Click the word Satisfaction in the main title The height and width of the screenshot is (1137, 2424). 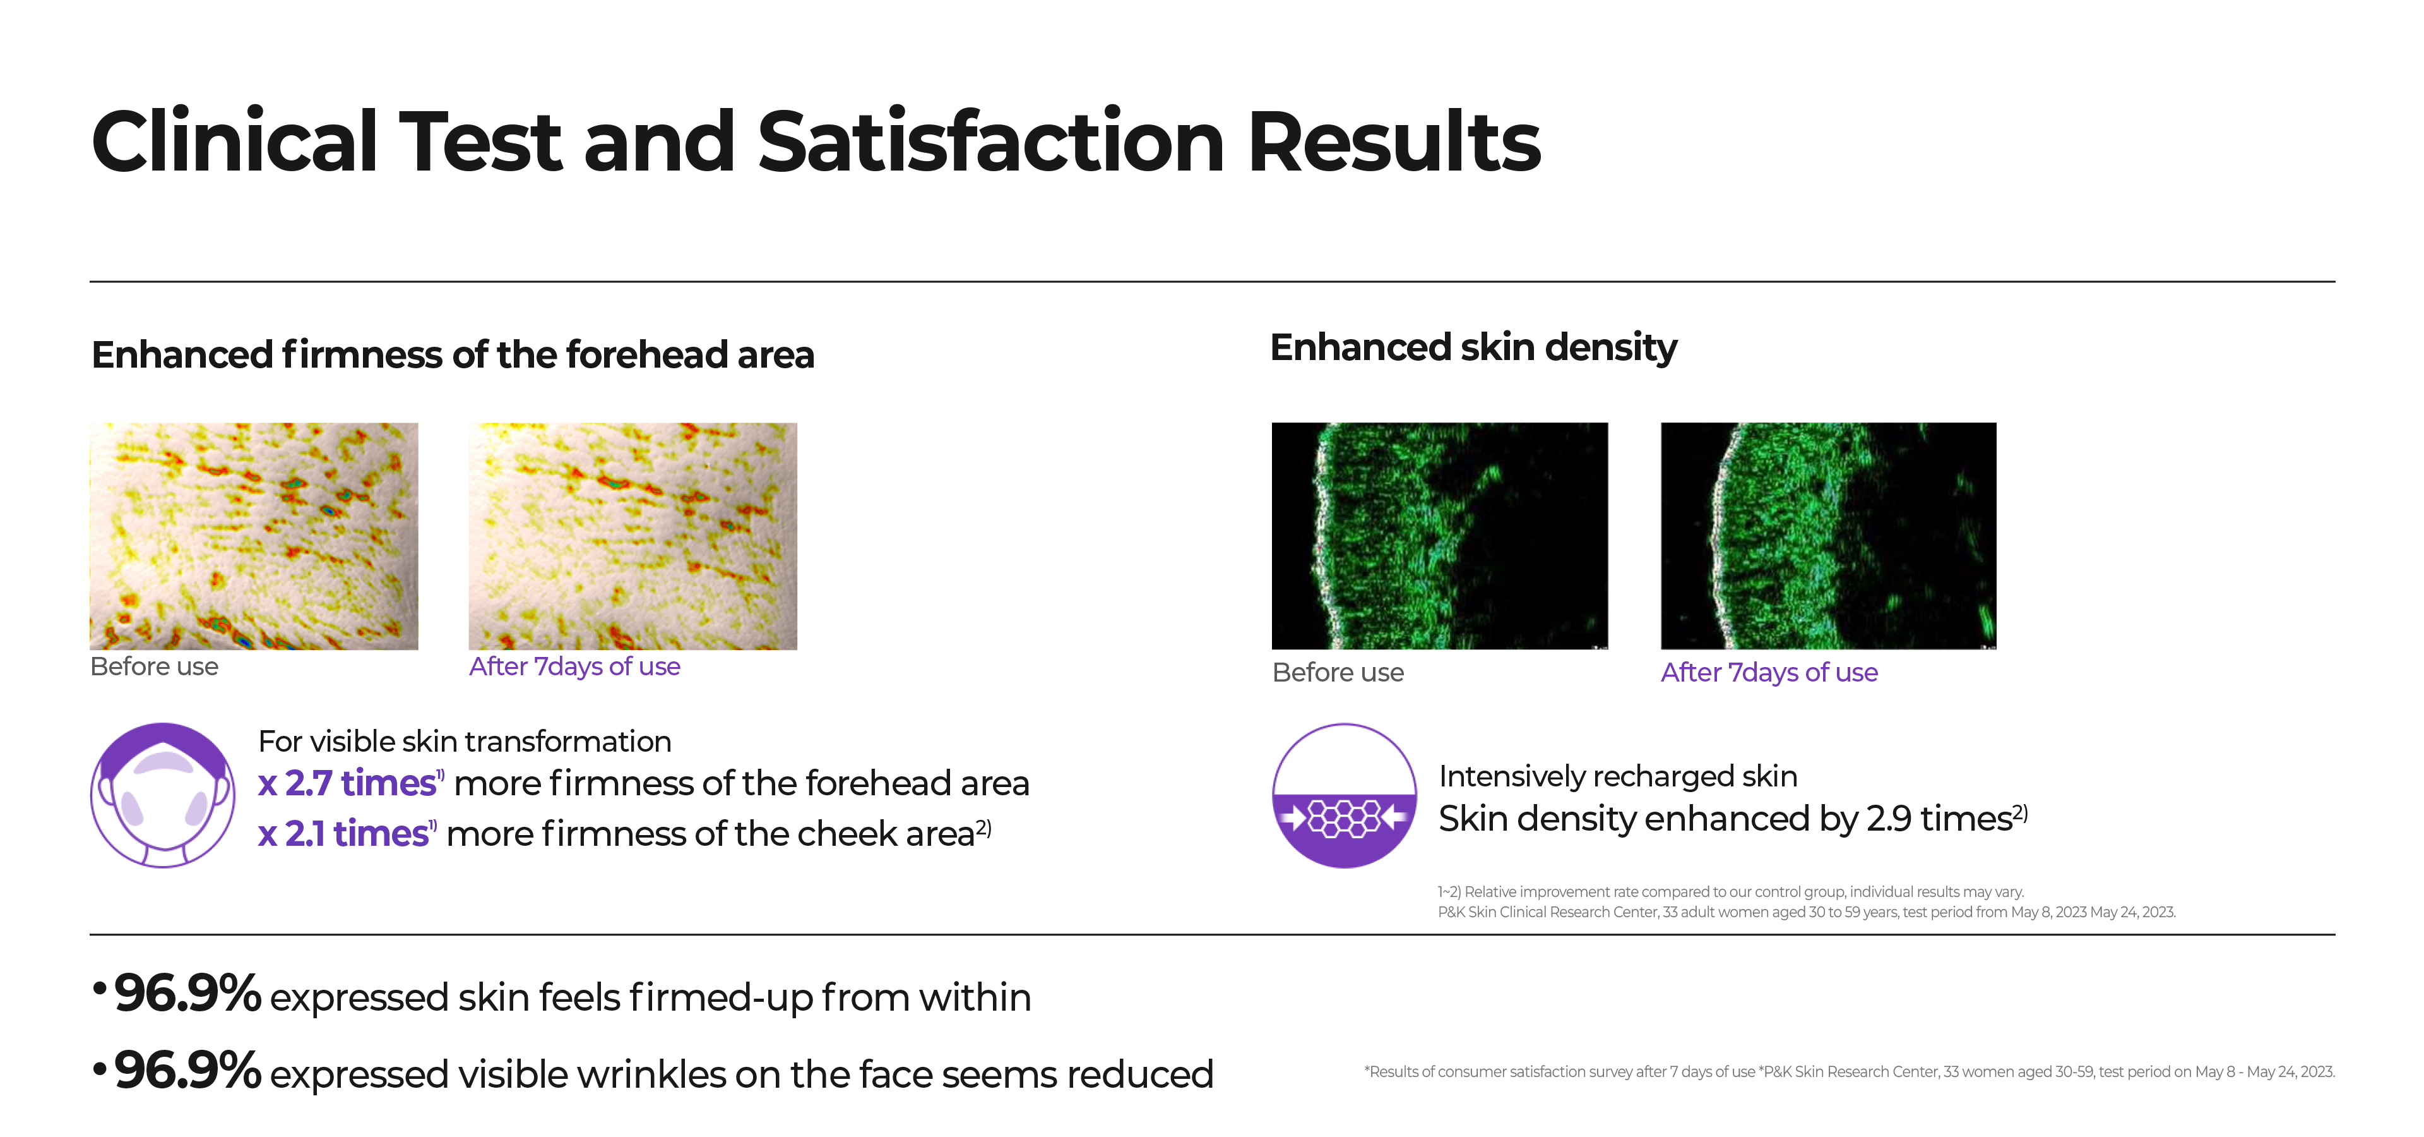990,143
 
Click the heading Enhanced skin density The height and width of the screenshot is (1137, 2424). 1473,347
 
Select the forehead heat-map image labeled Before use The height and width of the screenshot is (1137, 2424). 253,536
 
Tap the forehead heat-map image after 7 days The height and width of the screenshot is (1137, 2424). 633,536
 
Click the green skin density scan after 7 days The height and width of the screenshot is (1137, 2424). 1827,536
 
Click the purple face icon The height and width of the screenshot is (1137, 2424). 163,795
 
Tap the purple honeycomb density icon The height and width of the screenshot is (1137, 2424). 1344,795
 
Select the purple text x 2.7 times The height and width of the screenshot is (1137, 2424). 347,783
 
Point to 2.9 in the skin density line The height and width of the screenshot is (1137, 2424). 1889,819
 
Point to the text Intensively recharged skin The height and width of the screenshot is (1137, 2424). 1617,776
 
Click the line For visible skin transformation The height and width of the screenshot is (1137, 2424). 464,742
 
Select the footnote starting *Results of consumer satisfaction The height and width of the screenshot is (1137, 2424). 1848,1072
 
